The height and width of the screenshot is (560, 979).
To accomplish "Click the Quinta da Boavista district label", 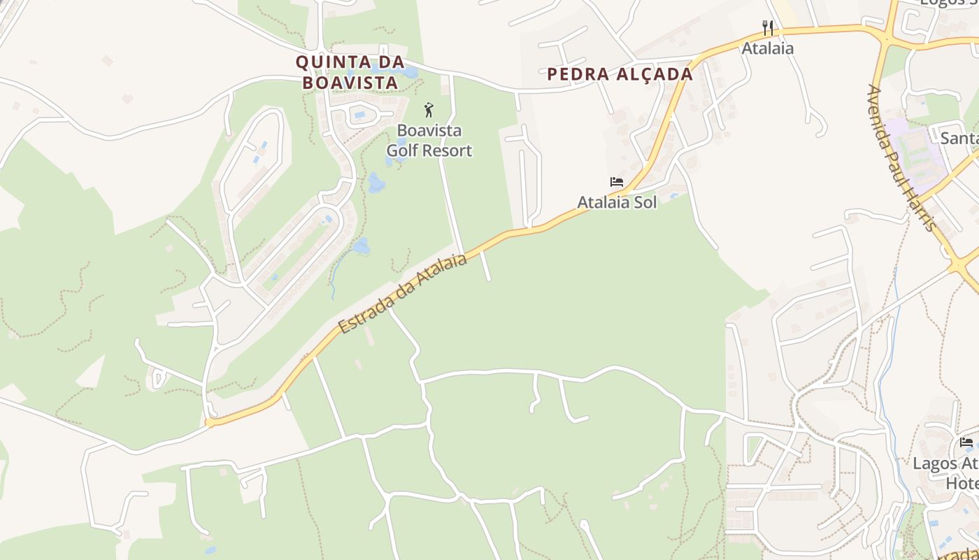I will coord(350,72).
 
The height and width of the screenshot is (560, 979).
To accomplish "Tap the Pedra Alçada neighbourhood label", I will coord(620,74).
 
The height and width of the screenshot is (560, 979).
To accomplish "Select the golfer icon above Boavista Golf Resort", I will coord(429,110).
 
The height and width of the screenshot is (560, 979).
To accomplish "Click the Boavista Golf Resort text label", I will coord(429,141).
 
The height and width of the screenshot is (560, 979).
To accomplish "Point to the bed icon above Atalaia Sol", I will coord(616,182).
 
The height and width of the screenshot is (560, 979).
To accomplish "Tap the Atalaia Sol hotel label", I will coord(617,202).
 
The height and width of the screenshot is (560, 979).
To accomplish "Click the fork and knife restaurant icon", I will coord(768,28).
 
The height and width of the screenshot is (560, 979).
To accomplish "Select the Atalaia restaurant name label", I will coord(768,48).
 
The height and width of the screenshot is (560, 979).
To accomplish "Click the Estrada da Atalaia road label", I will coord(403,293).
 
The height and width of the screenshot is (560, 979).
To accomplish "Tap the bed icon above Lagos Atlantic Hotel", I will coord(966,442).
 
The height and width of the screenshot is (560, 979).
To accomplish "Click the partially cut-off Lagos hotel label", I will coord(945,473).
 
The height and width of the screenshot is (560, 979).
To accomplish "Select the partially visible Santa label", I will coord(959,138).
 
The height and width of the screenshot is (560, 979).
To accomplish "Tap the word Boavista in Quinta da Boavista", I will coord(350,83).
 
